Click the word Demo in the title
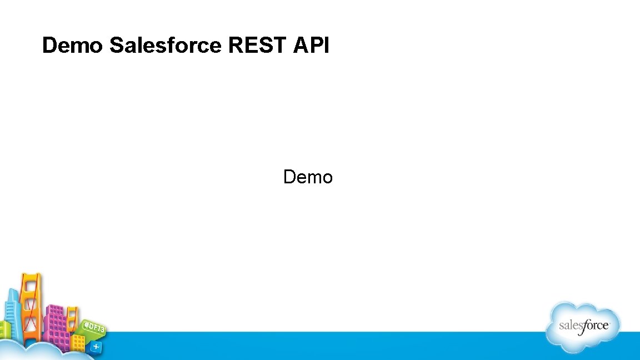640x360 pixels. [72, 46]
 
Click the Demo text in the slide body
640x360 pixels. [308, 177]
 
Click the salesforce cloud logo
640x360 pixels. [582, 326]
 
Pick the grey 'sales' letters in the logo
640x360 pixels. [570, 326]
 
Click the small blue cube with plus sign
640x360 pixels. [96, 346]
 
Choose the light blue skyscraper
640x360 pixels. [12, 314]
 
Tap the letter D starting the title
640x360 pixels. [49, 46]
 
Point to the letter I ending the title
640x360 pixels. [326, 46]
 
